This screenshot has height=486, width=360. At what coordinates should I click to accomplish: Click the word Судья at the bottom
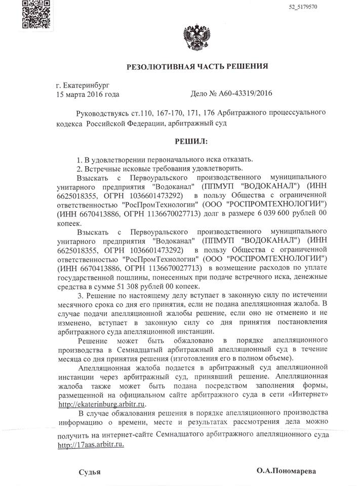tap(90, 471)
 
